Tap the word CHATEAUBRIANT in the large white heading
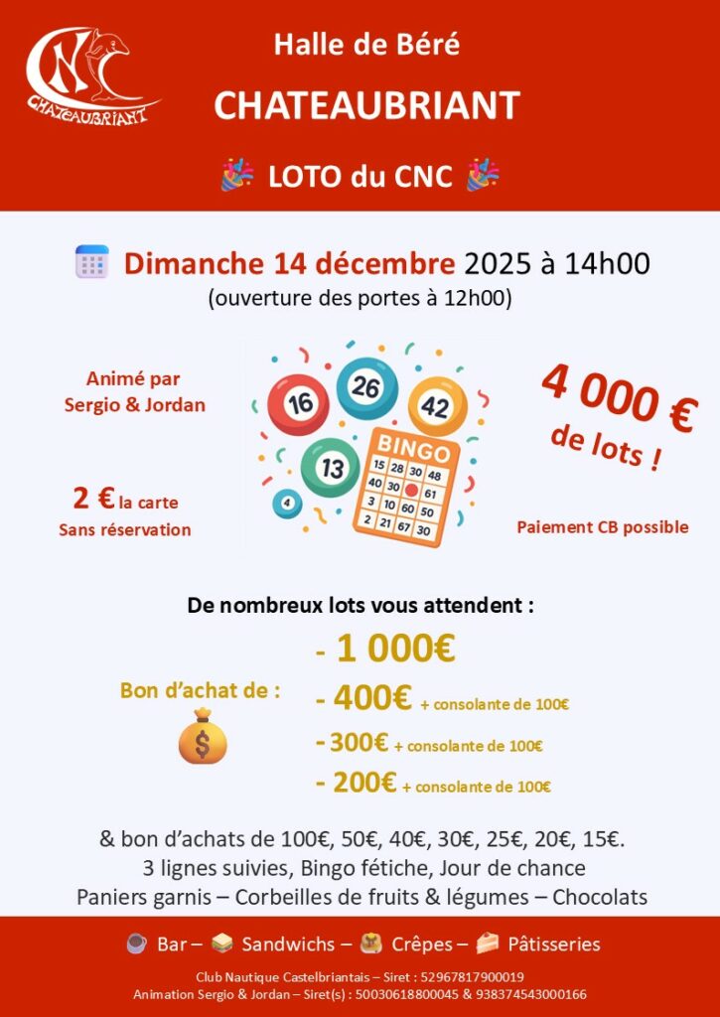[366, 105]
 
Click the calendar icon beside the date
[91, 261]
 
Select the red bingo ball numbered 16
[298, 404]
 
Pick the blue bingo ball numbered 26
[366, 388]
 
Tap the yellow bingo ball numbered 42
[437, 406]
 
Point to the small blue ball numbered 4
[287, 504]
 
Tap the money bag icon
[203, 736]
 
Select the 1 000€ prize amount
[395, 649]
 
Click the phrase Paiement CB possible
[602, 526]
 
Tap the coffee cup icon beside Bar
[137, 944]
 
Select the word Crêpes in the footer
[429, 944]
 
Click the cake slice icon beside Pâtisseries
[487, 944]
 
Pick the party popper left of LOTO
[237, 176]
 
